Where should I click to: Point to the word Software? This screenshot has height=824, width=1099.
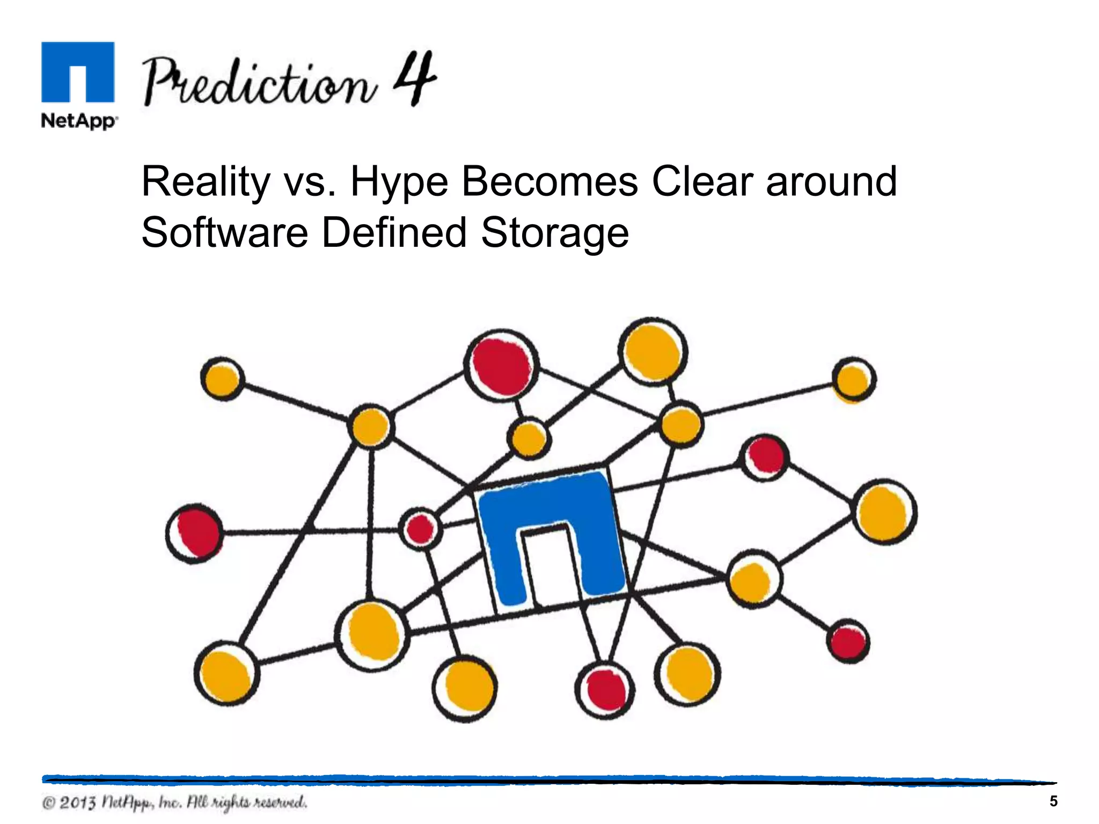coord(224,233)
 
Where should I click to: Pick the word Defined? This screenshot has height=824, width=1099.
coord(394,233)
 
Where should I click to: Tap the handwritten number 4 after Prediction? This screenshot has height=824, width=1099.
coord(414,79)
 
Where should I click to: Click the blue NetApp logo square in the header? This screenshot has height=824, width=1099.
coord(78,72)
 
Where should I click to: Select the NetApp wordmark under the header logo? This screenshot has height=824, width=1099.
coord(79,121)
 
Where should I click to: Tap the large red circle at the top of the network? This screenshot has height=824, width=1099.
coord(501,366)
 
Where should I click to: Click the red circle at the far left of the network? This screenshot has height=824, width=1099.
coord(194,533)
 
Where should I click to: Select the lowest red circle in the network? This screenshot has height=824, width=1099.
coord(605,690)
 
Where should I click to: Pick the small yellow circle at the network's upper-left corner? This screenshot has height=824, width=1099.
coord(222,379)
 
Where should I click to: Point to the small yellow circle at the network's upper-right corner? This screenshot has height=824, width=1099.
coord(853,380)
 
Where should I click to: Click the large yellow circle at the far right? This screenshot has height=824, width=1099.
coord(884,512)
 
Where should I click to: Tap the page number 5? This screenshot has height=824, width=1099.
coord(1053,801)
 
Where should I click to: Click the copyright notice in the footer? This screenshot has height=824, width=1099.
coord(175,803)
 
